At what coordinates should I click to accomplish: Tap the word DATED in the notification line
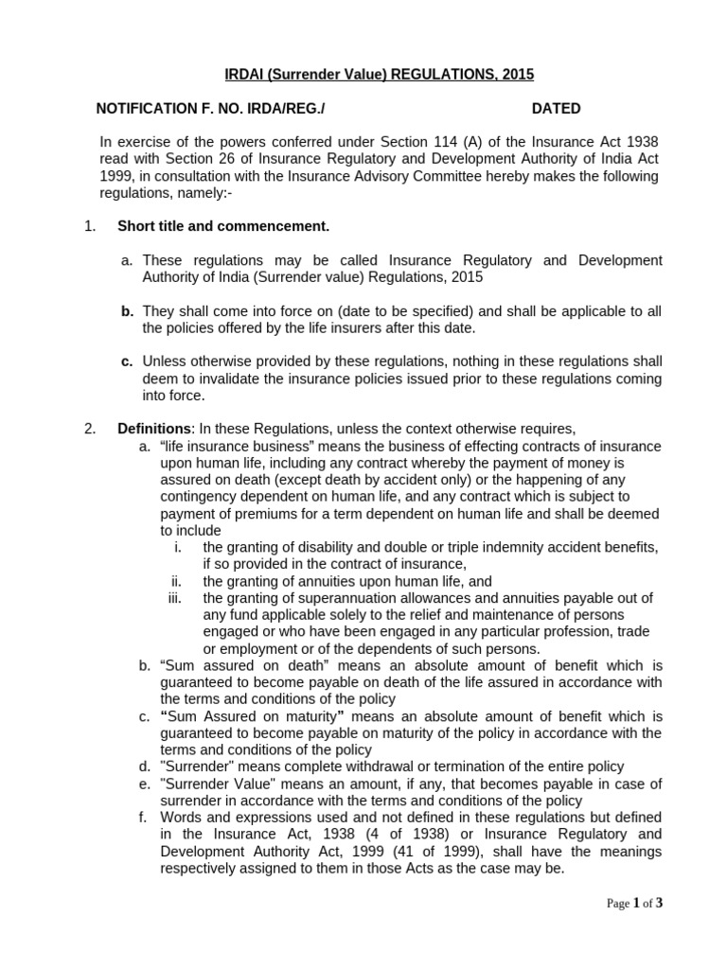tap(556, 109)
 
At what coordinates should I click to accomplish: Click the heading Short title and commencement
tap(223, 226)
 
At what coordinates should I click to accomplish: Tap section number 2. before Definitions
tap(90, 428)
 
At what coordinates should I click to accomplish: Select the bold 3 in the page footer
tap(659, 903)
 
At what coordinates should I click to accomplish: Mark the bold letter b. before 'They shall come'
tap(127, 310)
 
